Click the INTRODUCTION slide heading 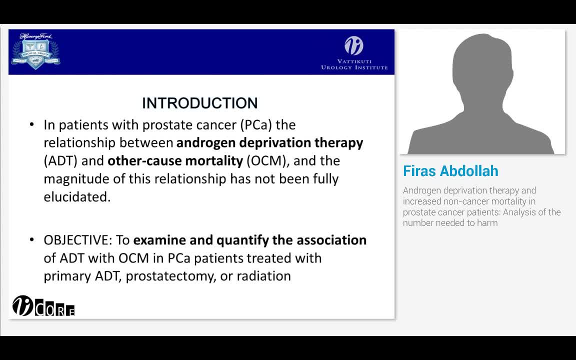pos(199,103)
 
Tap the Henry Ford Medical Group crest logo pos(35,51)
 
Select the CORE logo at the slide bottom pos(43,306)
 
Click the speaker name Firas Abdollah pos(450,171)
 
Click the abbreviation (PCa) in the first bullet pos(255,124)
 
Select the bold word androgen pos(206,143)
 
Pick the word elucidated pos(77,197)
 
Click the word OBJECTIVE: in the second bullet pos(78,240)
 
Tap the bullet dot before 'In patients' pos(32,124)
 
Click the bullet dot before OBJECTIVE pos(32,240)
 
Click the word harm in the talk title pos(488,223)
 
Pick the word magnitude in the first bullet pos(72,179)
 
